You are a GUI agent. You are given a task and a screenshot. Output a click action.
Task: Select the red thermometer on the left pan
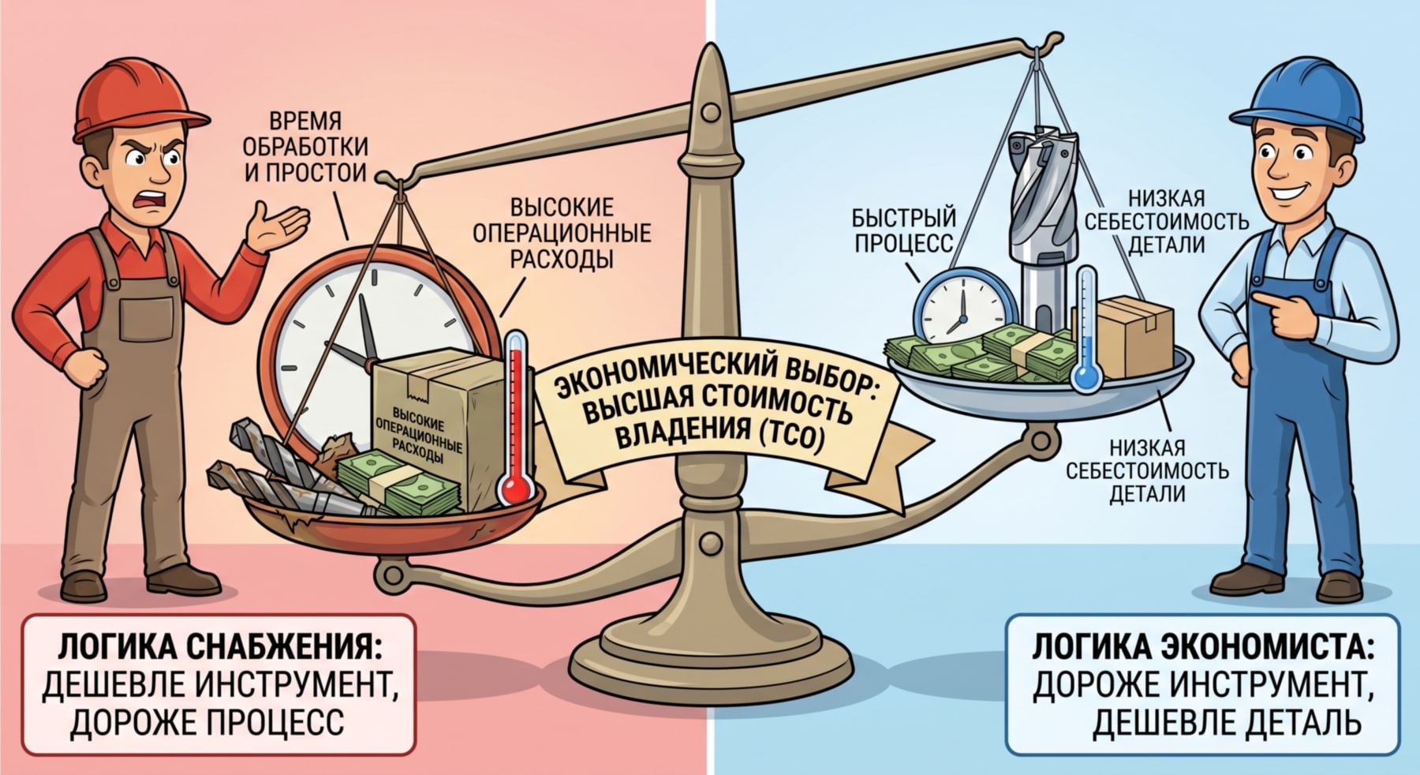coord(515,418)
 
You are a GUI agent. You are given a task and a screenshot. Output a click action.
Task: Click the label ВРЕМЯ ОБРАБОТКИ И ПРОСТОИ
coord(305,147)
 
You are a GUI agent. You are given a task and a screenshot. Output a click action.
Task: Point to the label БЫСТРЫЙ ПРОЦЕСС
coord(904,230)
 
